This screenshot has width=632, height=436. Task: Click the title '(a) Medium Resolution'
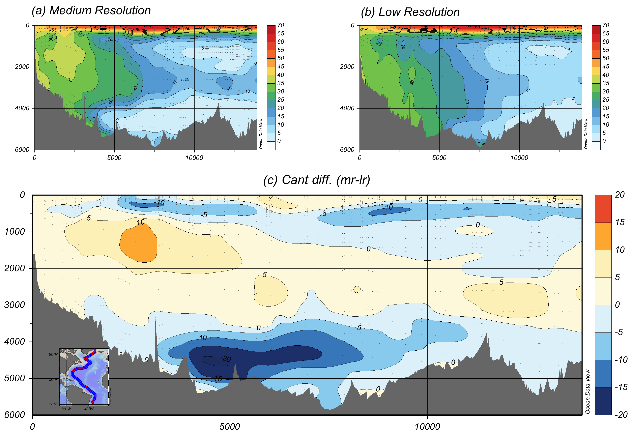pos(91,10)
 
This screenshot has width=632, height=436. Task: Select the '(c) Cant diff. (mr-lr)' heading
pos(317,180)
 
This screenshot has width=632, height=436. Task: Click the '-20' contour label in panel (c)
pos(226,358)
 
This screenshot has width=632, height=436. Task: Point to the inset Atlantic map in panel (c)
pos(84,377)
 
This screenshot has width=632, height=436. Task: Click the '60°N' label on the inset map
pos(53,354)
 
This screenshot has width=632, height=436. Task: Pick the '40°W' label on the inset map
pos(89,409)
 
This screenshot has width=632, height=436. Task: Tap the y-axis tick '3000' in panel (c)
pos(15,305)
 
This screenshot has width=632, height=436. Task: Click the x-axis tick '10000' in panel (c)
pos(427,427)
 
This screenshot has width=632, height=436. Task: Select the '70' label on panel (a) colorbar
pos(281,25)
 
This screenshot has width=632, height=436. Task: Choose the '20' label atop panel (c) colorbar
pos(620,195)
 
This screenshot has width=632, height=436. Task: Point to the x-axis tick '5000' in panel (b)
pos(439,158)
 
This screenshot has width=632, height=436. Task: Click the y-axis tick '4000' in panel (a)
pos(22,108)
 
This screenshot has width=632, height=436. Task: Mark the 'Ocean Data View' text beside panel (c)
pos(587,391)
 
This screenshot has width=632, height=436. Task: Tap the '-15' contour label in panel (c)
pos(217,378)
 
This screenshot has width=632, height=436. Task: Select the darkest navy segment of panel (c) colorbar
pos(603,401)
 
